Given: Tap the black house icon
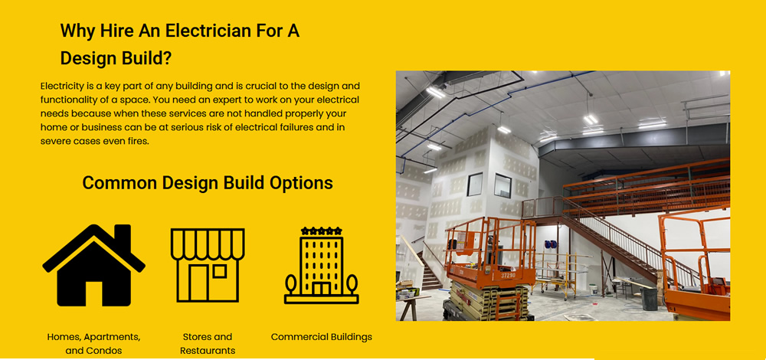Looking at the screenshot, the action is (x=93, y=266).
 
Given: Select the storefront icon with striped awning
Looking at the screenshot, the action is (x=208, y=265).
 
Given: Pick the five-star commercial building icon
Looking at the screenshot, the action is (x=322, y=265).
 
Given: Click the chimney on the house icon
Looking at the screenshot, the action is (x=123, y=234).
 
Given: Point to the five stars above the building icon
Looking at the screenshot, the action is (x=322, y=231).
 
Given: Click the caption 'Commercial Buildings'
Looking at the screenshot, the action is (x=322, y=337).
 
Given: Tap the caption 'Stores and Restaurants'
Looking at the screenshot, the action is (x=208, y=344).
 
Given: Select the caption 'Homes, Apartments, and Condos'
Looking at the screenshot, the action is (x=93, y=344).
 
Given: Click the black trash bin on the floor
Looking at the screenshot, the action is (x=650, y=299).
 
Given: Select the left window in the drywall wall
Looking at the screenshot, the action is (x=474, y=184).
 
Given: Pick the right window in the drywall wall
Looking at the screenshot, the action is (x=502, y=185).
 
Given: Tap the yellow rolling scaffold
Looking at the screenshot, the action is (x=556, y=276).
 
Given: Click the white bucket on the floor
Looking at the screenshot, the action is (x=593, y=290).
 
